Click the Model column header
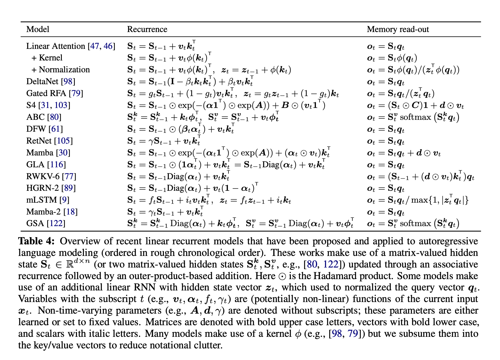(38, 29)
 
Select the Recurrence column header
(147, 29)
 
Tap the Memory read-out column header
(398, 29)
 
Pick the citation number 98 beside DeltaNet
(68, 81)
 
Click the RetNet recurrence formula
(164, 141)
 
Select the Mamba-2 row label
(44, 212)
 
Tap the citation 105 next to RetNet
(63, 141)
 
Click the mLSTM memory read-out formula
(418, 200)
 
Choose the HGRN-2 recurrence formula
(193, 188)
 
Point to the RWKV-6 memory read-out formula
(421, 176)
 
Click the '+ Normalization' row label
(61, 70)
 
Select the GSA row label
(35, 223)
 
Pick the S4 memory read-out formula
(415, 105)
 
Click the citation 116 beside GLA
(57, 165)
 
